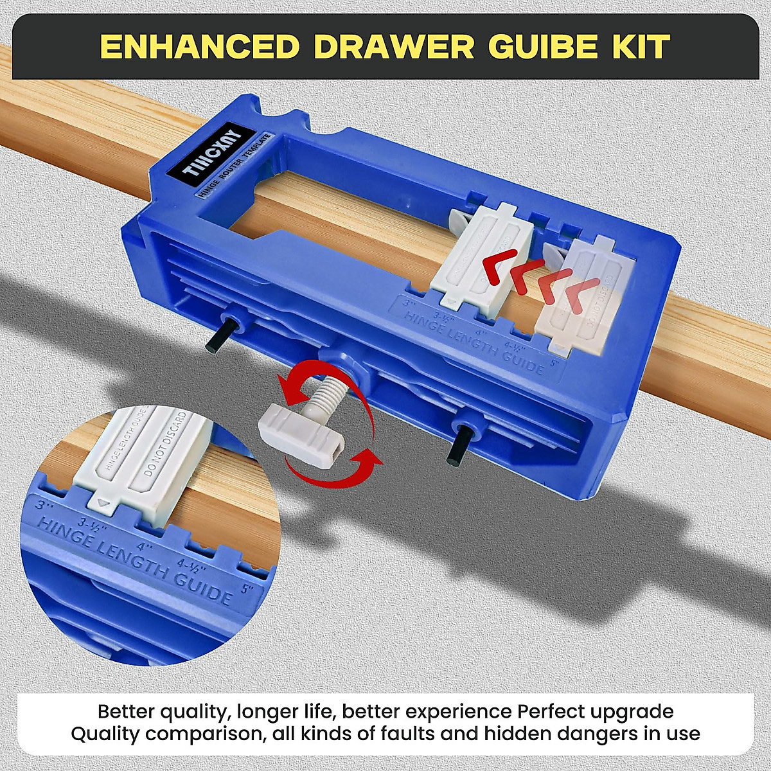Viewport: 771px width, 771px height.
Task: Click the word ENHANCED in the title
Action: click(x=200, y=47)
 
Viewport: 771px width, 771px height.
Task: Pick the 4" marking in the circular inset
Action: click(x=145, y=549)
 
